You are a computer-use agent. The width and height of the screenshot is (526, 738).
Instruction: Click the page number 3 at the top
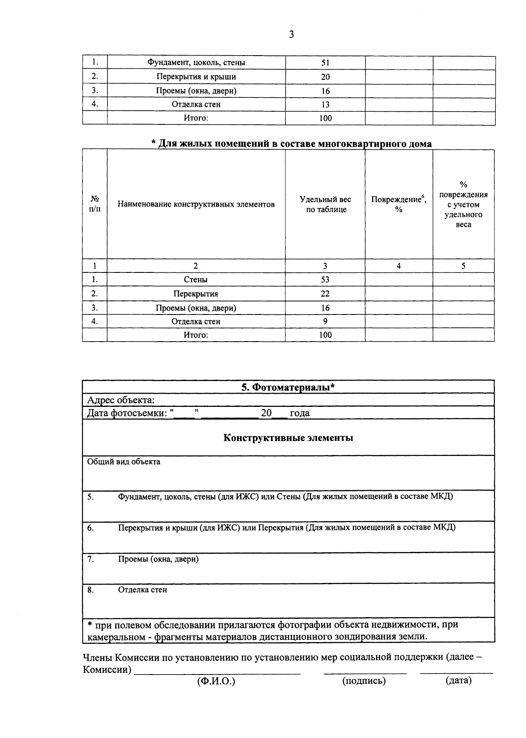tap(291, 35)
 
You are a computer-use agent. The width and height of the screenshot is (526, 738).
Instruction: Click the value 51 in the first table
tap(325, 63)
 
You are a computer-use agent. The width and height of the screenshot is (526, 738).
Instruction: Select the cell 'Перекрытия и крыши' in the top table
tap(196, 77)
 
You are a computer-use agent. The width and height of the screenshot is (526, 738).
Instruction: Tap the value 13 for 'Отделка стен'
tap(325, 105)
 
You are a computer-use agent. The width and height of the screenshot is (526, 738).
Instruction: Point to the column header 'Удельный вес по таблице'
tap(325, 205)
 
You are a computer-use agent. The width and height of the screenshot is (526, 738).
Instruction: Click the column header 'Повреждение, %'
tap(399, 205)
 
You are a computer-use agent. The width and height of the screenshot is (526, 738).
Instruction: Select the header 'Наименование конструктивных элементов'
tap(196, 205)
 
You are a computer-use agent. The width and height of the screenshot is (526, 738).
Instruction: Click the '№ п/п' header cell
tap(95, 205)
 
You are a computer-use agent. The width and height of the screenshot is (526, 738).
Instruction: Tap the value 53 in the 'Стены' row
tap(325, 280)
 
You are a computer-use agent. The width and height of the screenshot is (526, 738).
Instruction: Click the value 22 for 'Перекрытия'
tap(325, 294)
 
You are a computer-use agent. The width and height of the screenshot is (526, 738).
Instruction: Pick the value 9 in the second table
tap(325, 321)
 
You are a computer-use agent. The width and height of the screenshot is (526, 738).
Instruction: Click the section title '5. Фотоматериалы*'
tap(288, 387)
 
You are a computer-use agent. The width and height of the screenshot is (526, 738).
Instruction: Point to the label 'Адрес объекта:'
tap(121, 400)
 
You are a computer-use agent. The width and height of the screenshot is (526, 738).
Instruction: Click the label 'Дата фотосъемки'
tap(127, 413)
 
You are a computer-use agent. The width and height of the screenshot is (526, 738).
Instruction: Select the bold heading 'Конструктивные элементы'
tap(288, 438)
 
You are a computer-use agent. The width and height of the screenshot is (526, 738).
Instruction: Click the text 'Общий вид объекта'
tap(124, 462)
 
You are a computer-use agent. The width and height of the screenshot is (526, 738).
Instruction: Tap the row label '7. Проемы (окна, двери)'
tap(158, 559)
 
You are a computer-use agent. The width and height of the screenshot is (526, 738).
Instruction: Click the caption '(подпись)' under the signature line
tap(364, 681)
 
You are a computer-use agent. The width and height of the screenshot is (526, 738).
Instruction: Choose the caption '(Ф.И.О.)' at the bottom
tap(216, 681)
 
